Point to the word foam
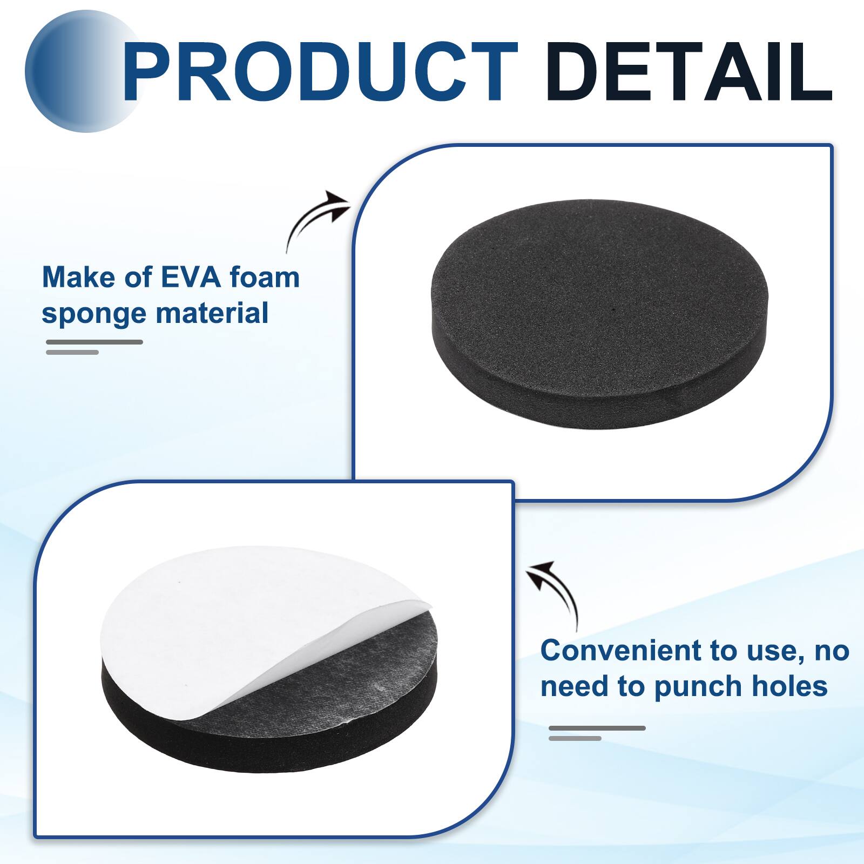[x=264, y=278]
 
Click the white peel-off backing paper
[x=227, y=621]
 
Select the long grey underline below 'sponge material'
[x=94, y=342]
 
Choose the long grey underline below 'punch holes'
[x=597, y=728]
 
